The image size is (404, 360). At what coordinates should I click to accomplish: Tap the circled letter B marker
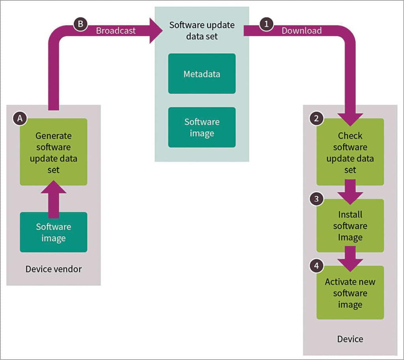(80, 24)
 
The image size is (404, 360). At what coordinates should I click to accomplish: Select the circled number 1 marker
(266, 24)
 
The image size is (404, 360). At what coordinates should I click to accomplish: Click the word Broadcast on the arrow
(116, 31)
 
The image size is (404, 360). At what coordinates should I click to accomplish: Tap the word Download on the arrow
(301, 31)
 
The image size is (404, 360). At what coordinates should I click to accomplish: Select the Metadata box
(202, 74)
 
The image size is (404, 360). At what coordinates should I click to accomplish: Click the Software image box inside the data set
(202, 127)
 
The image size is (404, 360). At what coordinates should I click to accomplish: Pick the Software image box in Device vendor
(53, 232)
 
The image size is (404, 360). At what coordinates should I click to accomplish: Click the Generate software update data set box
(53, 152)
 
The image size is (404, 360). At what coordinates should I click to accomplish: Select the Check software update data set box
(350, 152)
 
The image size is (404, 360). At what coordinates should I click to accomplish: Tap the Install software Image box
(350, 226)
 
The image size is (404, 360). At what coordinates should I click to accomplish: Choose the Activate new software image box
(350, 293)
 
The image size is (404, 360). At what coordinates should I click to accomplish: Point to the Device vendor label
(53, 269)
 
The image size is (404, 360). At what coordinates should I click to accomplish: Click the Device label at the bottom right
(350, 339)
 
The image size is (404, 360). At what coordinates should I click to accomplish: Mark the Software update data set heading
(202, 30)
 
